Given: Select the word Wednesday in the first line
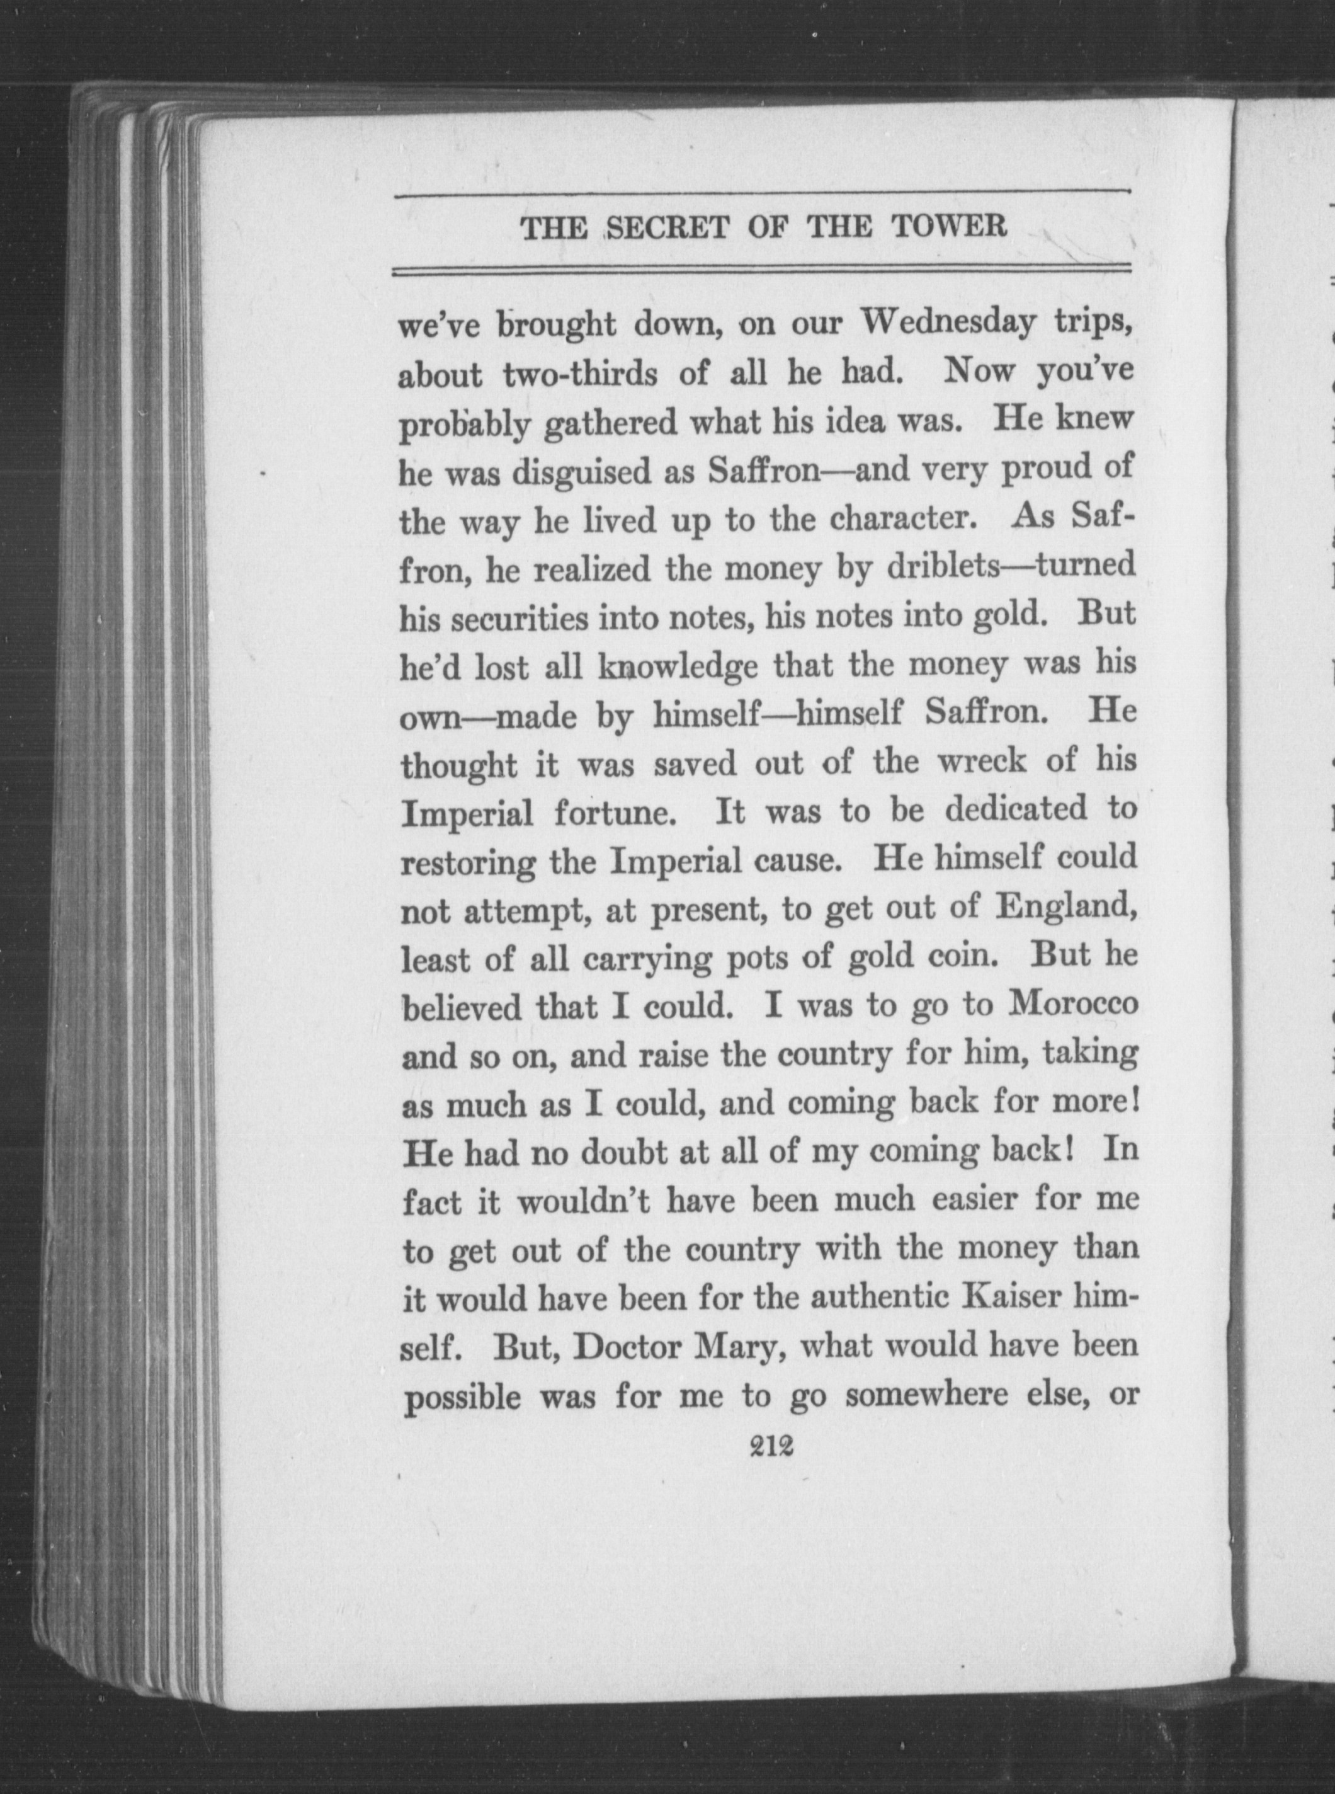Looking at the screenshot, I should coord(948,323).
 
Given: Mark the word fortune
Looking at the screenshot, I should coord(613,814).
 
